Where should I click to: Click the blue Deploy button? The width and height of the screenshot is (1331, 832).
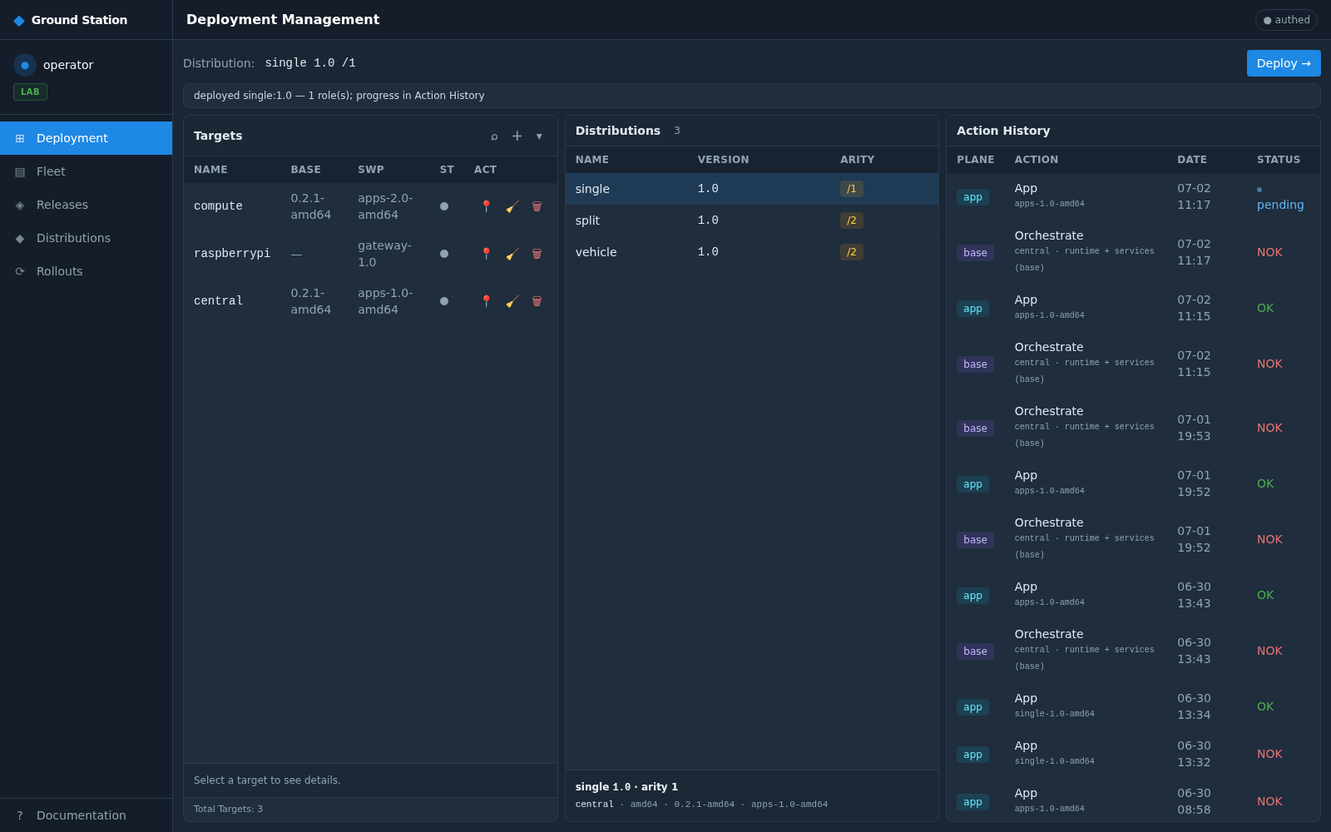[x=1284, y=63]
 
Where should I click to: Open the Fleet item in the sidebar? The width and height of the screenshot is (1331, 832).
[x=51, y=171]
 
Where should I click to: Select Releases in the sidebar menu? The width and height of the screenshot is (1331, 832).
[x=62, y=205]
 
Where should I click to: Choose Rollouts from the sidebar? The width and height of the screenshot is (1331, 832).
[x=59, y=271]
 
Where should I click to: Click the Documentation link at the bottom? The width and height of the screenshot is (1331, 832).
[x=81, y=815]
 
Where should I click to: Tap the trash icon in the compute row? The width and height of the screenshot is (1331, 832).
[x=537, y=206]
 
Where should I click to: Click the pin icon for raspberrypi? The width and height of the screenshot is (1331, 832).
[x=486, y=254]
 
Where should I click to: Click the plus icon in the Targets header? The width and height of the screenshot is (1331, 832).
[x=517, y=136]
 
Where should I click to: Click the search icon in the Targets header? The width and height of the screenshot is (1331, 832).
[x=494, y=136]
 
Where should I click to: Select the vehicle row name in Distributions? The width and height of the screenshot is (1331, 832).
[x=596, y=252]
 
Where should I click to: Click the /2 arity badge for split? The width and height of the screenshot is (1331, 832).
[x=852, y=220]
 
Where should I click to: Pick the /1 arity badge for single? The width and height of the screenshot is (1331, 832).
[x=852, y=189]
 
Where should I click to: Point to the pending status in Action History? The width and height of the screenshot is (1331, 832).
[x=1280, y=205]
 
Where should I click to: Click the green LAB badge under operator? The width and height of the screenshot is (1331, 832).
[x=30, y=92]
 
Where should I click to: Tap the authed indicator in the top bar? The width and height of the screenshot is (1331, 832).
[x=1286, y=20]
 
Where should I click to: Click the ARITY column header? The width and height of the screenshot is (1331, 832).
[x=857, y=160]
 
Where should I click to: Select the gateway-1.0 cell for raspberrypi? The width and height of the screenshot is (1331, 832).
[x=384, y=254]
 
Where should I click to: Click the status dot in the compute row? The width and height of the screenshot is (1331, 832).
[x=444, y=206]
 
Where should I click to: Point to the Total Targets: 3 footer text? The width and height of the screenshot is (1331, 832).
[x=228, y=809]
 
